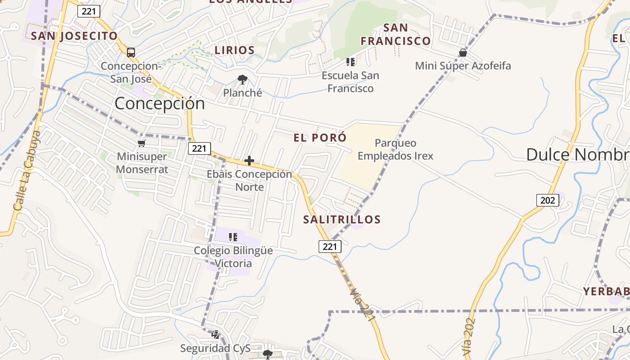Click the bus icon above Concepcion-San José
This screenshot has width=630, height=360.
[130, 53]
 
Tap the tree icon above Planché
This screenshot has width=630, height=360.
[243, 80]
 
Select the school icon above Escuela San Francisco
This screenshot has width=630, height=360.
[351, 62]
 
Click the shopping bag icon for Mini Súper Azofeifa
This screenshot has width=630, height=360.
[463, 53]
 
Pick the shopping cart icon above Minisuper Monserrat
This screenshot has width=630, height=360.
[142, 144]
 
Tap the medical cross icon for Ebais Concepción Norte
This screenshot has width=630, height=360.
[249, 161]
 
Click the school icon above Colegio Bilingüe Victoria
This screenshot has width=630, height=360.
[233, 237]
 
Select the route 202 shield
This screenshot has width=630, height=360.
[547, 200]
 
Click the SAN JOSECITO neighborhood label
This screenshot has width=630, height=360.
[74, 36]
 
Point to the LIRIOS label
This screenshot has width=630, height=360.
[234, 50]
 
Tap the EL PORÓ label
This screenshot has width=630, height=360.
[320, 138]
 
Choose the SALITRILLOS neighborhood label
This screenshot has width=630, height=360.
[342, 220]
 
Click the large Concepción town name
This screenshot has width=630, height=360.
[160, 103]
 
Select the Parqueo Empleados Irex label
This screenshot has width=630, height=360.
[396, 149]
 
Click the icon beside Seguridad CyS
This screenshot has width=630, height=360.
[215, 334]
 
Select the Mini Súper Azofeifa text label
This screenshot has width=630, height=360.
[463, 66]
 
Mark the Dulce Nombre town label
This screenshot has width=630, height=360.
[578, 154]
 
